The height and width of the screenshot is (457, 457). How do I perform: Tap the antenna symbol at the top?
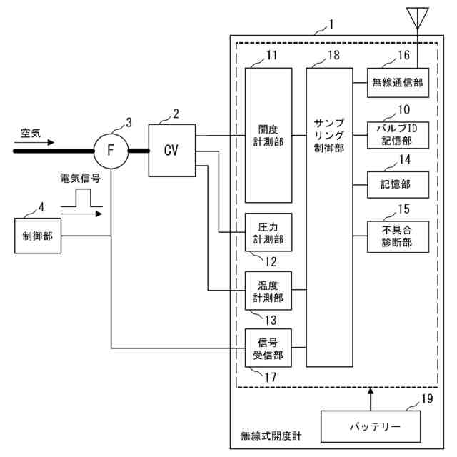417,18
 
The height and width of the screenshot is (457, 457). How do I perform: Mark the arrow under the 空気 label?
34,143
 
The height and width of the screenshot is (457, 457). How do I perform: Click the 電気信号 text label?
80,178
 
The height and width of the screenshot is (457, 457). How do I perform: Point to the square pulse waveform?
82,198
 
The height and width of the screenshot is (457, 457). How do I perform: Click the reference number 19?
427,398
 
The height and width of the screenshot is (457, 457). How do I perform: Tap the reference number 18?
333,55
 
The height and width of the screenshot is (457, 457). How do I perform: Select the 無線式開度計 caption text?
271,436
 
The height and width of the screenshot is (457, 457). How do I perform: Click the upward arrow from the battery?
371,399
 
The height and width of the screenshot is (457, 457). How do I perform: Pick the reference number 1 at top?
331,24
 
